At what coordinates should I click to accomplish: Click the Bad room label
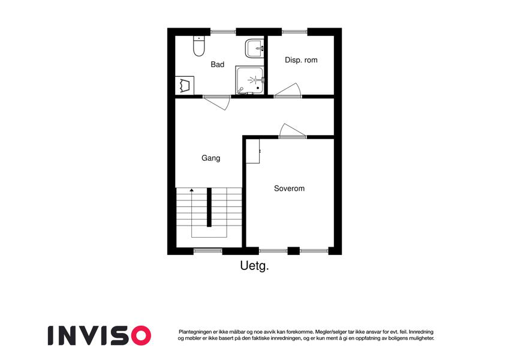pyautogui.click(x=217, y=64)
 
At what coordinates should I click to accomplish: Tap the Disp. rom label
pyautogui.click(x=301, y=60)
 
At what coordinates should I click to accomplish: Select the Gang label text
pyautogui.click(x=210, y=158)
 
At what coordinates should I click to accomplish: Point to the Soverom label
pyautogui.click(x=289, y=188)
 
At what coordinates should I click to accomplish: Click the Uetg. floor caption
pyautogui.click(x=254, y=266)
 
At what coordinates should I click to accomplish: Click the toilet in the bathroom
pyautogui.click(x=198, y=46)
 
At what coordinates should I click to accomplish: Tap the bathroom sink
pyautogui.click(x=254, y=49)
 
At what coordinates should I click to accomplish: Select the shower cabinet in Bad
pyautogui.click(x=249, y=80)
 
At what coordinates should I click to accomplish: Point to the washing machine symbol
pyautogui.click(x=185, y=85)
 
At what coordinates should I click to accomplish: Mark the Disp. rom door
pyautogui.click(x=289, y=90)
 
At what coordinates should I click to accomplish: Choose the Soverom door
pyautogui.click(x=292, y=131)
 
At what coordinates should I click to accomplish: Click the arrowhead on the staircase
pyautogui.click(x=191, y=190)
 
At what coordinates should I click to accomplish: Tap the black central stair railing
pyautogui.click(x=209, y=207)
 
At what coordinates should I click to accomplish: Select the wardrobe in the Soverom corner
pyautogui.click(x=253, y=151)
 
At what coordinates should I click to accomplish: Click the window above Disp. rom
pyautogui.click(x=294, y=32)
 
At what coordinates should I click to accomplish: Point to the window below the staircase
pyautogui.click(x=208, y=251)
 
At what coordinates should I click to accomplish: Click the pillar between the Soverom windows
pyautogui.click(x=293, y=251)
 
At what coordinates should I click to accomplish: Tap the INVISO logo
pyautogui.click(x=100, y=335)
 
